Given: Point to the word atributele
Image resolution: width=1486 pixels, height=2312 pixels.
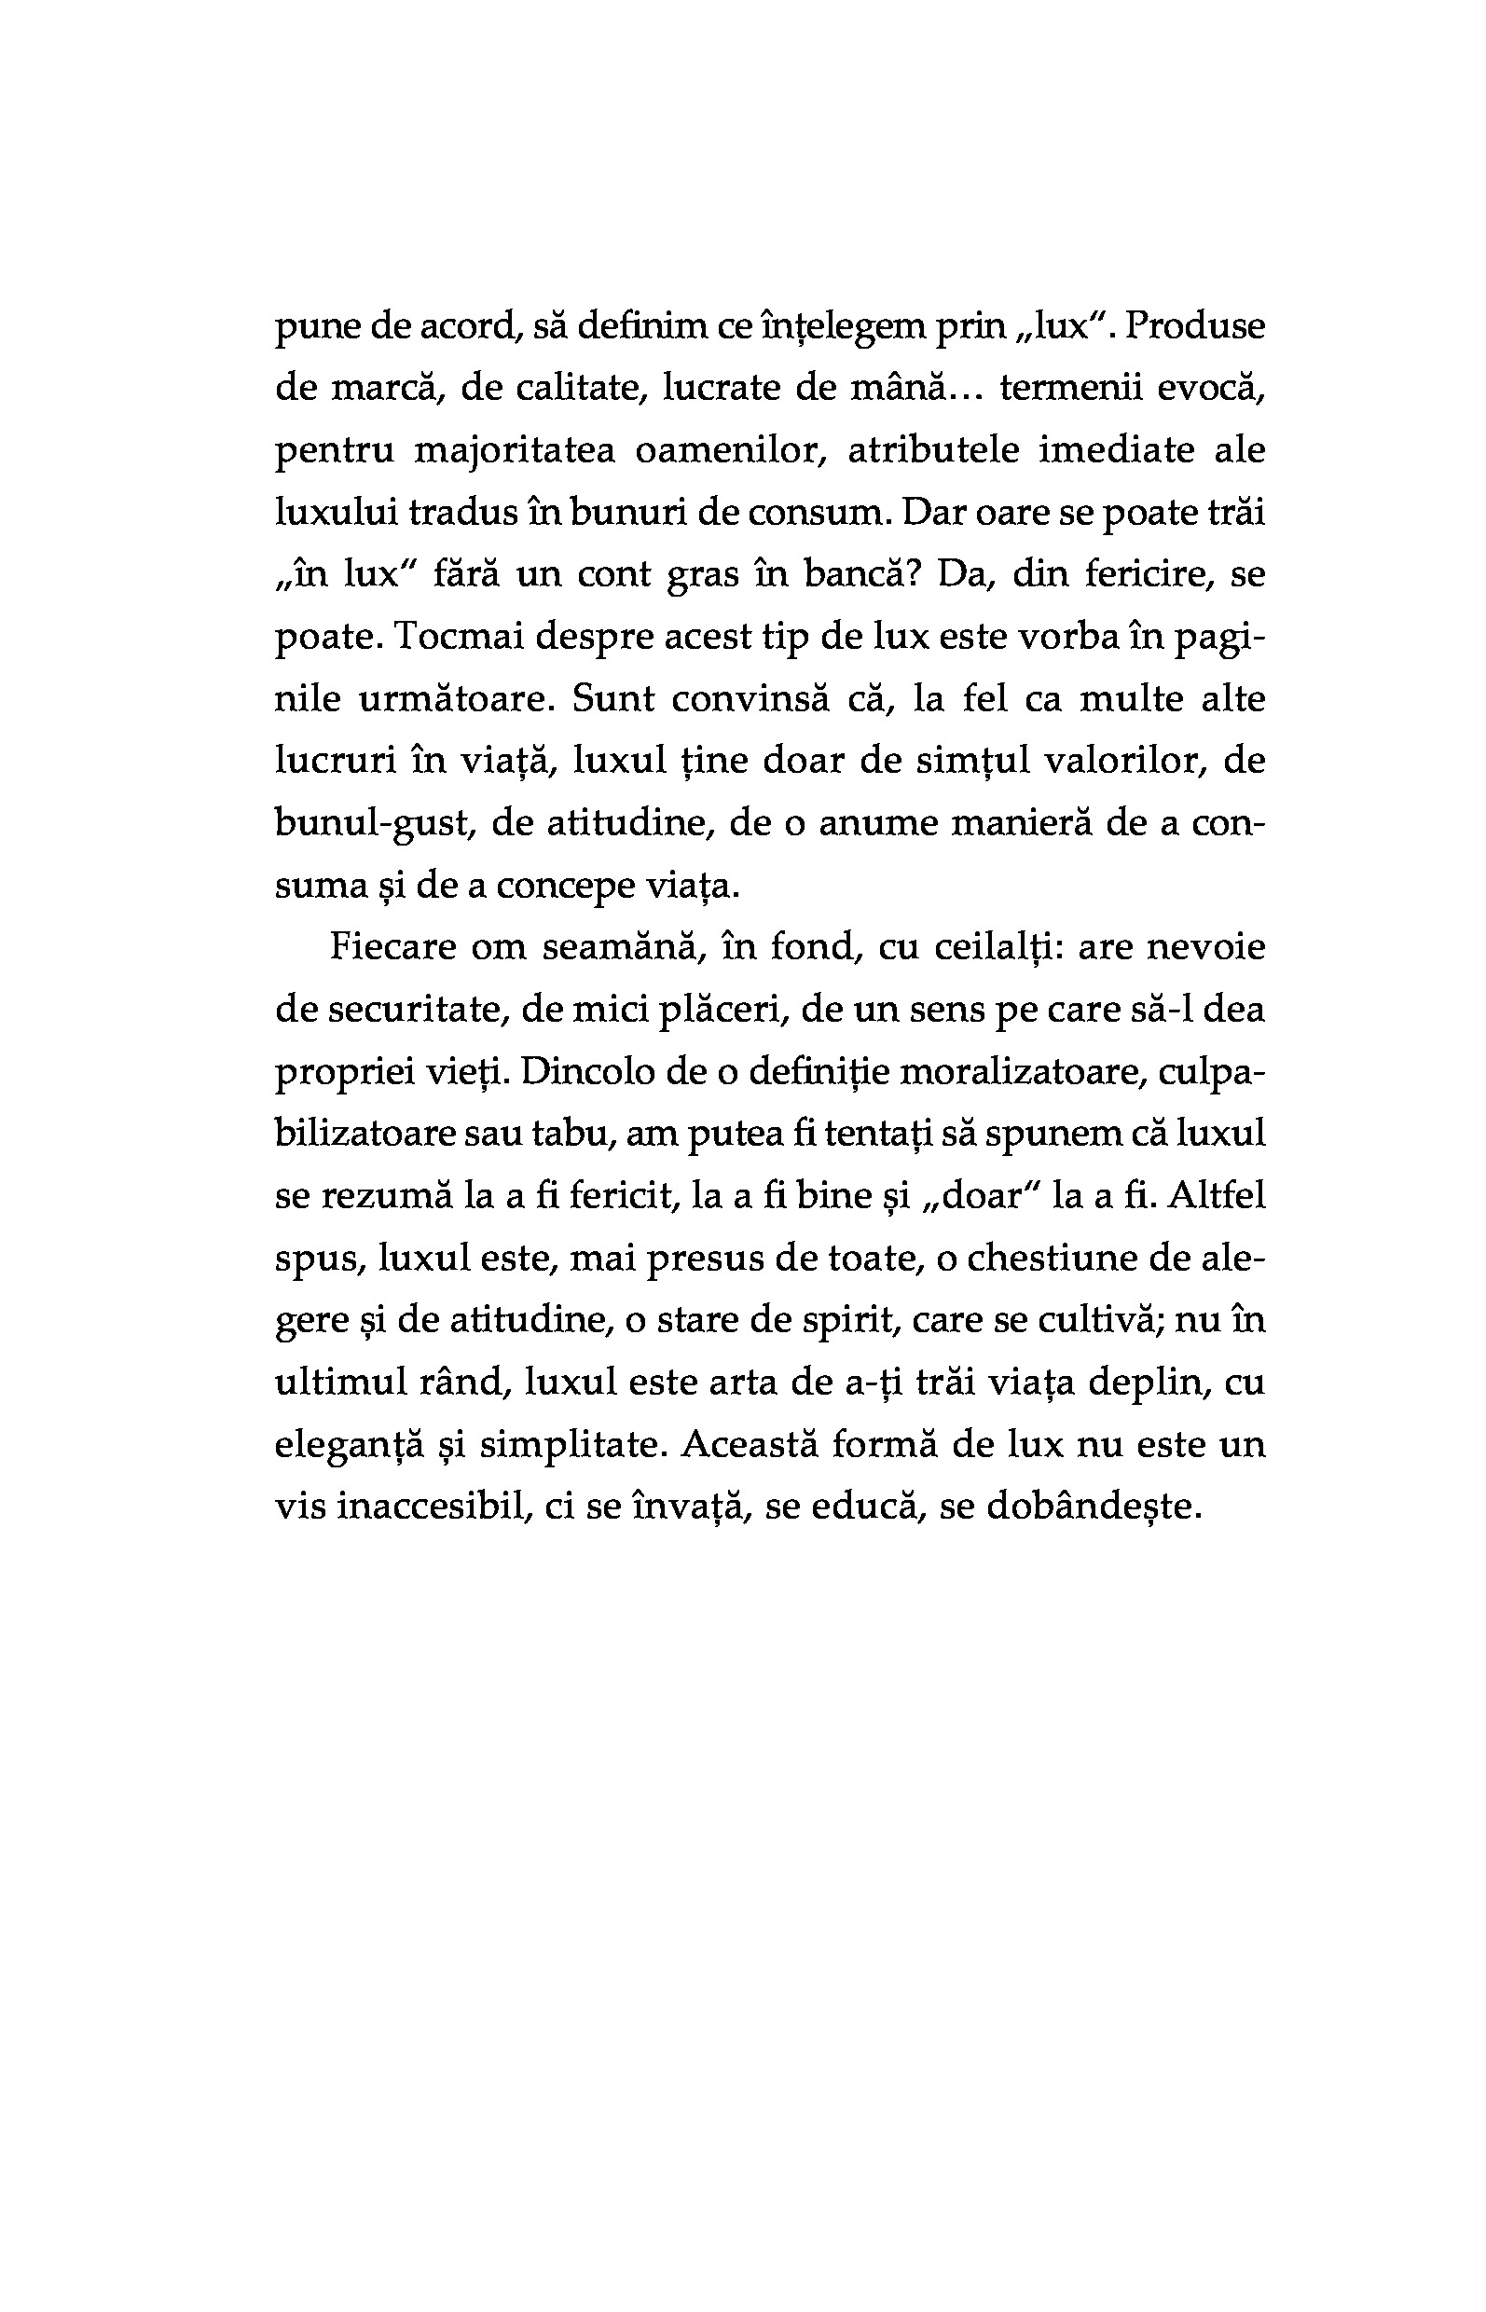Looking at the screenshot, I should point(933,450).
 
